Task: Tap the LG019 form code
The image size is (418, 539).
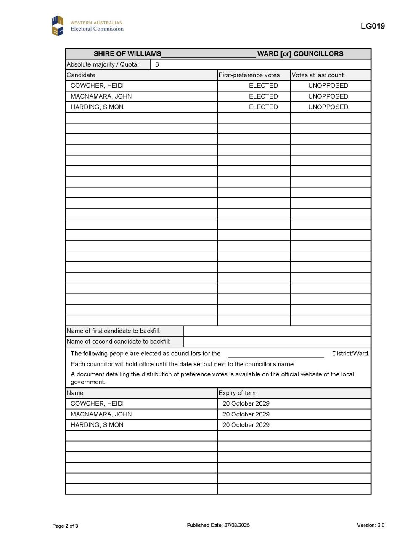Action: click(x=373, y=26)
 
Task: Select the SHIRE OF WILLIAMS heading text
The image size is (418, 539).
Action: click(x=127, y=54)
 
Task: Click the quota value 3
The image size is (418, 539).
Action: click(x=157, y=64)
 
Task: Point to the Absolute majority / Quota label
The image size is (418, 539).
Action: click(x=103, y=64)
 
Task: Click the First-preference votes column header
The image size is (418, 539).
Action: click(x=249, y=75)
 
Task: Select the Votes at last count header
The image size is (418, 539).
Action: click(x=317, y=75)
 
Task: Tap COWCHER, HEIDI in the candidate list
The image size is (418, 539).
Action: click(x=97, y=85)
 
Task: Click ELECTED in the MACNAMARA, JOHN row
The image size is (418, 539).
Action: click(x=263, y=96)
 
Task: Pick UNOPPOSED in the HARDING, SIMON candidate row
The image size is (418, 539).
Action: click(x=328, y=107)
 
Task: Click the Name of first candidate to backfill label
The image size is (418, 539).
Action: click(x=114, y=331)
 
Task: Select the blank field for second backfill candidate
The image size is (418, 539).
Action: click(x=278, y=342)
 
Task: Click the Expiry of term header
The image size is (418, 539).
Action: click(x=238, y=393)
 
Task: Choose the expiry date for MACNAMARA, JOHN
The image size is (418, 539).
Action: click(x=246, y=414)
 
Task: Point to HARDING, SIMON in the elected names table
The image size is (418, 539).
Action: click(x=97, y=425)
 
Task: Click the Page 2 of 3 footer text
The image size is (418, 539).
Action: click(x=65, y=526)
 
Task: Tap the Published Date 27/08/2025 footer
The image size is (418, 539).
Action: click(x=218, y=525)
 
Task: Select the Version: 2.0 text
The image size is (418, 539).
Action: click(x=370, y=525)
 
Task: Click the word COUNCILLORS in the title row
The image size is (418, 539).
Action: click(x=318, y=54)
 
